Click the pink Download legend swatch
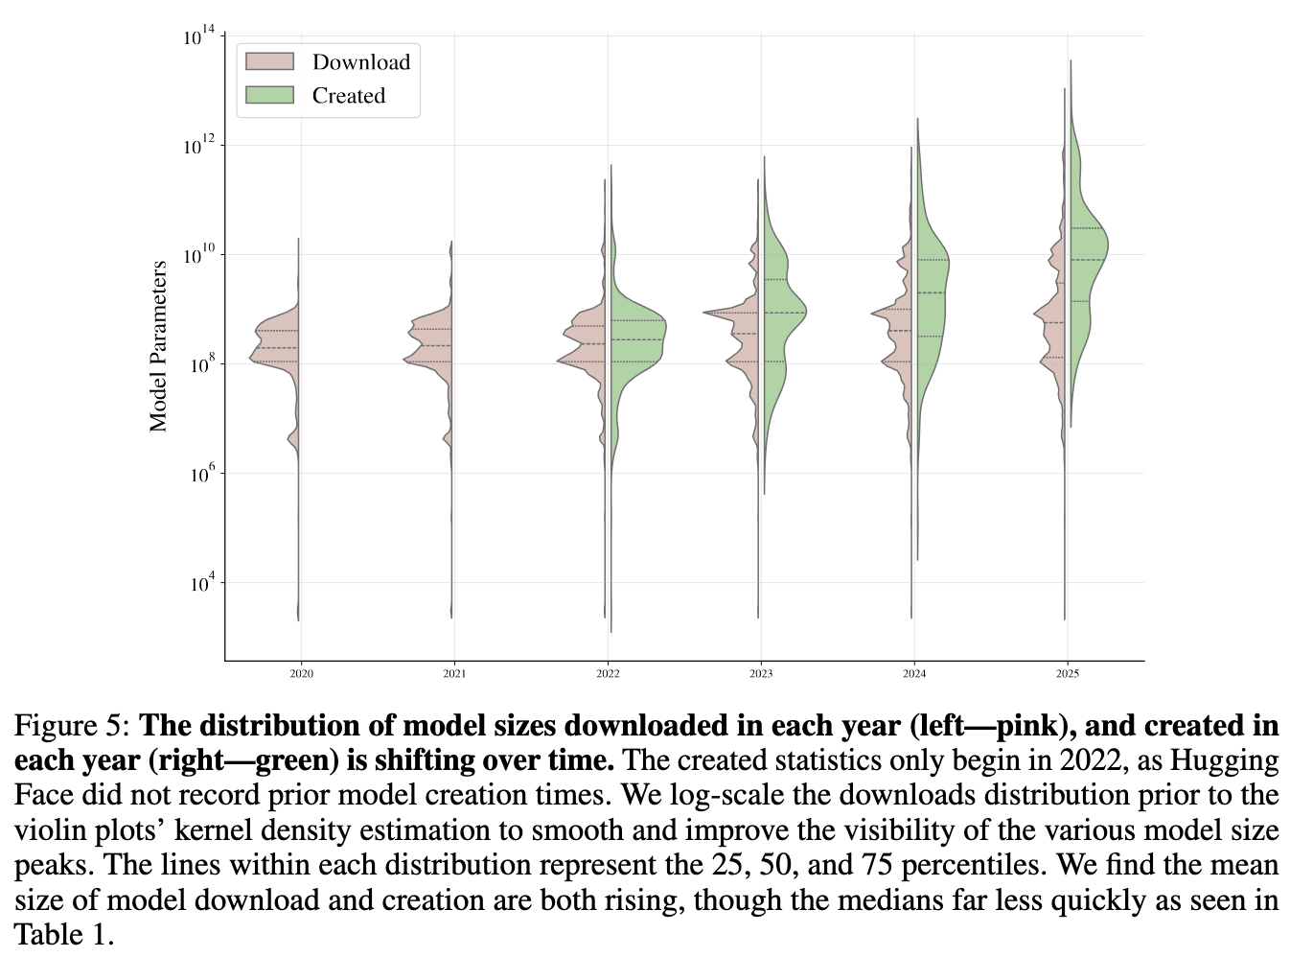pos(269,62)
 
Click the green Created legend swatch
pos(269,96)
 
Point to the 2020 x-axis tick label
pos(301,674)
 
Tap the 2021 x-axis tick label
pos(454,674)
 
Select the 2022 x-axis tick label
pos(608,674)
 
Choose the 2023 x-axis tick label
pos(761,674)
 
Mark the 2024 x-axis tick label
pos(914,674)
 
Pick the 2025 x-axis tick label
pos(1068,674)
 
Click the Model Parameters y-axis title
pos(158,346)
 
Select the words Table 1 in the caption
pos(63,935)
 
